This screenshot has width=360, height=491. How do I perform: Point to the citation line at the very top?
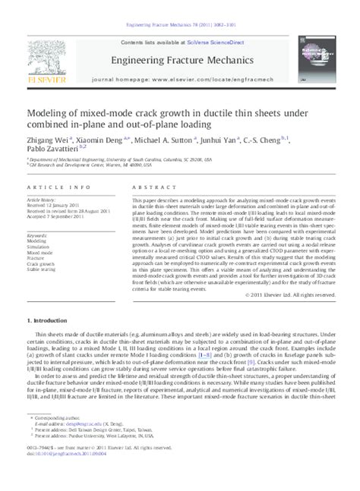pos(180,6)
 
